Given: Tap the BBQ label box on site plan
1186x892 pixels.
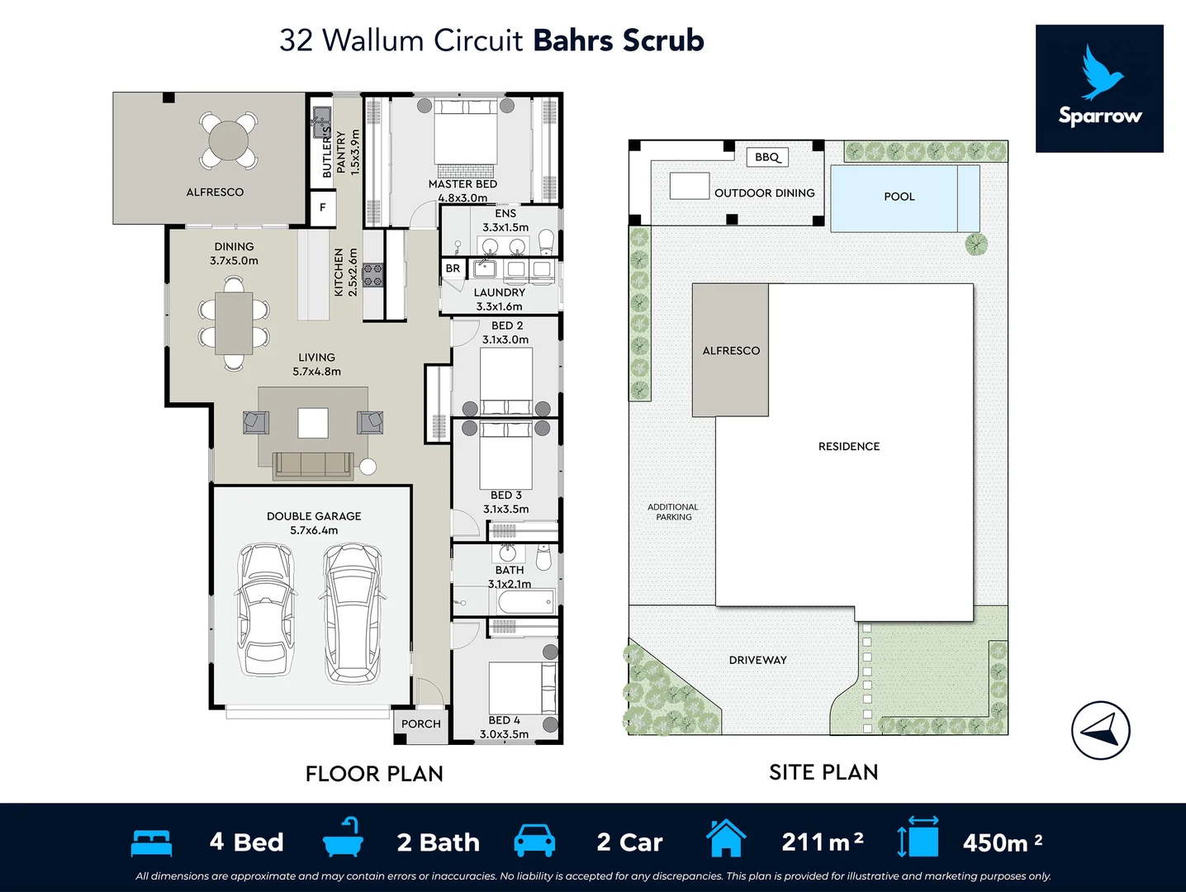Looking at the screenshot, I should click(767, 157).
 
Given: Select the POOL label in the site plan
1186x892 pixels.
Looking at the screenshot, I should click(899, 197).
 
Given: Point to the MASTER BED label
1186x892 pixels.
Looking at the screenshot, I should click(463, 184).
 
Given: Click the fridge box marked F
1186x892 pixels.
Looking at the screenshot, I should click(323, 208).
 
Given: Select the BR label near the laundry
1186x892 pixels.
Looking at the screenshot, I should click(453, 268).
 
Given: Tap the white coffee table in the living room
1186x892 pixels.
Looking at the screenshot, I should click(313, 423).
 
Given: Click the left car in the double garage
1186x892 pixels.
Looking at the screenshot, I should click(266, 610).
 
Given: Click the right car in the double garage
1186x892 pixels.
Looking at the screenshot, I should click(352, 612).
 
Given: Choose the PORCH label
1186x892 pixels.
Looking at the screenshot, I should click(420, 724).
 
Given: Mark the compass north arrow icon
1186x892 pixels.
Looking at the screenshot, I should click(1100, 730).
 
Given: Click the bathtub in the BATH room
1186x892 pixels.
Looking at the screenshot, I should click(524, 603).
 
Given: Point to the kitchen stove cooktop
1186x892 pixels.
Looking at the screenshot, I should click(373, 275).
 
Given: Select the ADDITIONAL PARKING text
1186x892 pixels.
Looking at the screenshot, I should click(673, 512).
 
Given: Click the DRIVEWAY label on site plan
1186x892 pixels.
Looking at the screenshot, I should click(757, 660).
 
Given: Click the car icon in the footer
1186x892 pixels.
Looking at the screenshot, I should click(534, 841).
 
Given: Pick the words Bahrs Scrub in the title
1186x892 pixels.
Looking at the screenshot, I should click(618, 40).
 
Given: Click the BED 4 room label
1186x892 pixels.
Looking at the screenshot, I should click(505, 720).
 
